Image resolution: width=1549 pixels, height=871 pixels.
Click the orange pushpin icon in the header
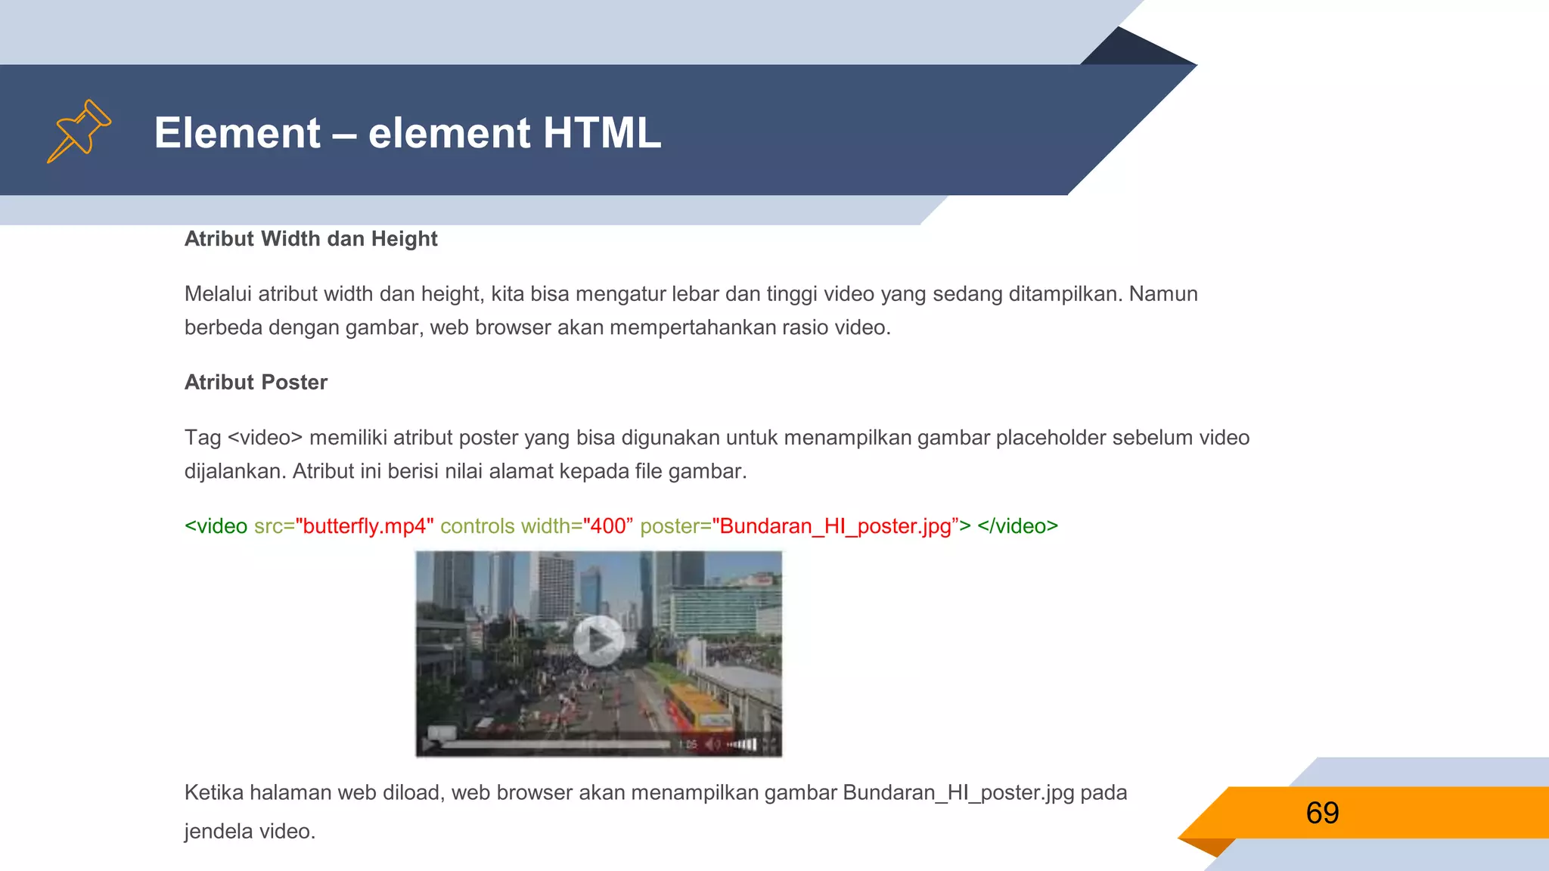coord(79,131)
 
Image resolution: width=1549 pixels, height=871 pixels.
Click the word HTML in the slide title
coord(601,133)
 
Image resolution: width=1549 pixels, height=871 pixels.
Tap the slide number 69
coord(1322,813)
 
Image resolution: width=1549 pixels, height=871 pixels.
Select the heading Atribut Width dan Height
coord(311,239)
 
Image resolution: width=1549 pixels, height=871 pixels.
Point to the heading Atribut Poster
coord(256,383)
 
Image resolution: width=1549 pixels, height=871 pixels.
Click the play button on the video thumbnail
coord(598,641)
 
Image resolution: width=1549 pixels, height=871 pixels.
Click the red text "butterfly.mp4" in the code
coord(365,526)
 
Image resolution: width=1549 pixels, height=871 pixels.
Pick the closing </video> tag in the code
coord(1017,526)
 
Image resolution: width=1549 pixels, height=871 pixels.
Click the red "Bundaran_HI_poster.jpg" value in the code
coord(835,526)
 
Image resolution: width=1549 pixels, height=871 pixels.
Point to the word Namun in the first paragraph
coord(1163,294)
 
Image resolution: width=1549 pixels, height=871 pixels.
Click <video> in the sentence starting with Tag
coord(265,438)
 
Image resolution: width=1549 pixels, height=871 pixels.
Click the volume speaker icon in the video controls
coord(712,745)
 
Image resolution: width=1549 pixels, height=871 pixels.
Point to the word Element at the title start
coord(237,133)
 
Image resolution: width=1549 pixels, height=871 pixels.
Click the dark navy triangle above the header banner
coord(1135,49)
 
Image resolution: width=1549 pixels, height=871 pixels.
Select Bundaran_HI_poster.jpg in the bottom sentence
coord(958,793)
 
